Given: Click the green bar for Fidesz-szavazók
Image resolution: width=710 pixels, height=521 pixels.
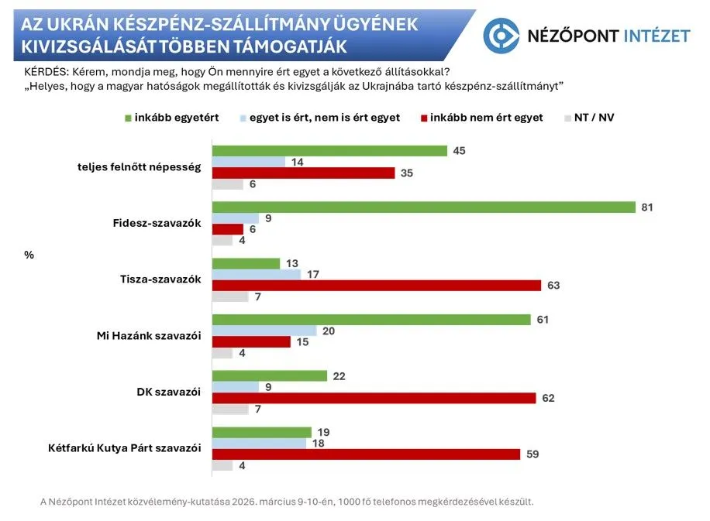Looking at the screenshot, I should pos(423,207).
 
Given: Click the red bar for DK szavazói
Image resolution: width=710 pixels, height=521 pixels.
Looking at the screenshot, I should pos(374,398).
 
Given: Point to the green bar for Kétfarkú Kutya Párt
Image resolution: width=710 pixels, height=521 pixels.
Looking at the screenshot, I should pos(261,432).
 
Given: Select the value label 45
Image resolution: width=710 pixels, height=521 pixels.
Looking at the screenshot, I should pos(459,151).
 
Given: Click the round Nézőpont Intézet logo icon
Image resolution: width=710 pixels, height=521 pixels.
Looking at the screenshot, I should pos(501,36).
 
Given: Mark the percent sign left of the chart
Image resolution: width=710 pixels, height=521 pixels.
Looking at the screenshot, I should pos(29,253).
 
